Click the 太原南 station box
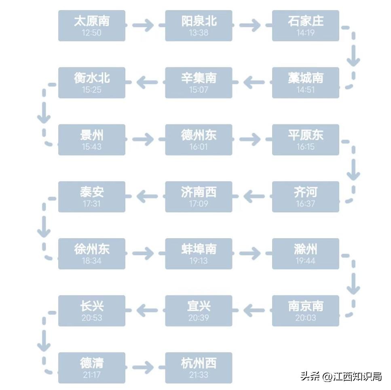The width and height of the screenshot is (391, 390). click(92, 25)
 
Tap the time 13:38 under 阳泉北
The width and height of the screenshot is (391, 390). click(199, 33)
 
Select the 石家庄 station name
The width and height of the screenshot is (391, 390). click(305, 21)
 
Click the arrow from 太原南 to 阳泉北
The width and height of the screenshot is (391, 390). click(143, 25)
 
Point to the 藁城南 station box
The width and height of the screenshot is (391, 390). click(305, 82)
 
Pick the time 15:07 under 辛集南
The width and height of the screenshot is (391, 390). click(199, 90)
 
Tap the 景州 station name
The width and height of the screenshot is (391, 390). click(92, 135)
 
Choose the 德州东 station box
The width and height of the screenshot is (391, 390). click(199, 140)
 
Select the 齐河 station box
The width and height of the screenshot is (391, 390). click(305, 197)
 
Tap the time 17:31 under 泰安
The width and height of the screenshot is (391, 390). click(92, 204)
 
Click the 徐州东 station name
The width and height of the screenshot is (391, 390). click(92, 249)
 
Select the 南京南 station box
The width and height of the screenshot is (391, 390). click(305, 310)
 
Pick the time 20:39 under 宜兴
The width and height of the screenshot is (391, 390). click(199, 318)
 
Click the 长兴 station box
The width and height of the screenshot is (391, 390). click(92, 310)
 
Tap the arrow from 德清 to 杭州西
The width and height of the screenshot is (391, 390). click(143, 367)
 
